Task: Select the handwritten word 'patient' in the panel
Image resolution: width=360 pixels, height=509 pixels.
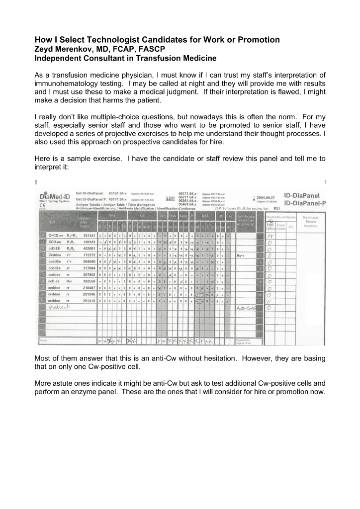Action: (59, 308)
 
